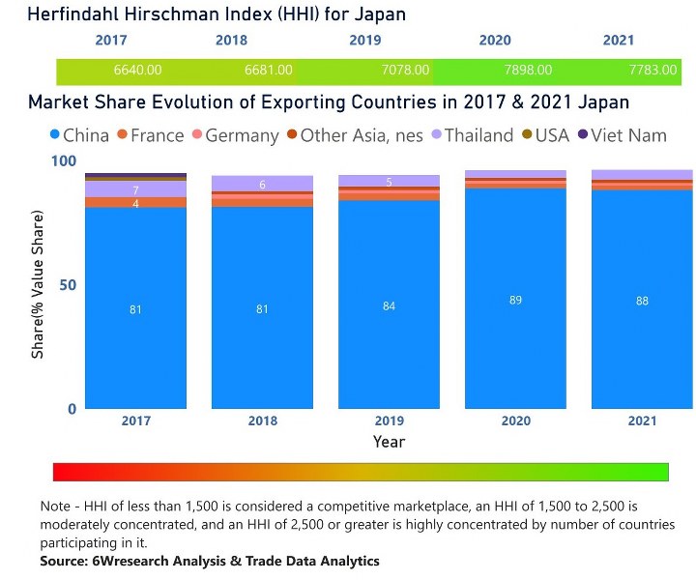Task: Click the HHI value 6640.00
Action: tap(137, 71)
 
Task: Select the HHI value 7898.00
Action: tap(529, 71)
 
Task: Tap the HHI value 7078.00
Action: tap(399, 71)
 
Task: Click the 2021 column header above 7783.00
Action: tap(618, 41)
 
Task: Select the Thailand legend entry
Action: tap(478, 135)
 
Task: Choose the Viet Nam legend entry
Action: tap(626, 135)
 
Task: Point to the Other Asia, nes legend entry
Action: tap(361, 135)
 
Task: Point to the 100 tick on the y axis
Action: tap(64, 161)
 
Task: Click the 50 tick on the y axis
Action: tap(68, 285)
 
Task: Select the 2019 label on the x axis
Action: tap(389, 420)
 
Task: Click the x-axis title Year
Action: tap(389, 442)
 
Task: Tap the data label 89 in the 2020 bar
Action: tap(515, 301)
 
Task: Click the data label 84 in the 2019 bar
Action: tap(389, 306)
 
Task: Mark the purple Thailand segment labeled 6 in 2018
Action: tap(262, 184)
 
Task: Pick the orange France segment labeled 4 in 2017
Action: tap(135, 203)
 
